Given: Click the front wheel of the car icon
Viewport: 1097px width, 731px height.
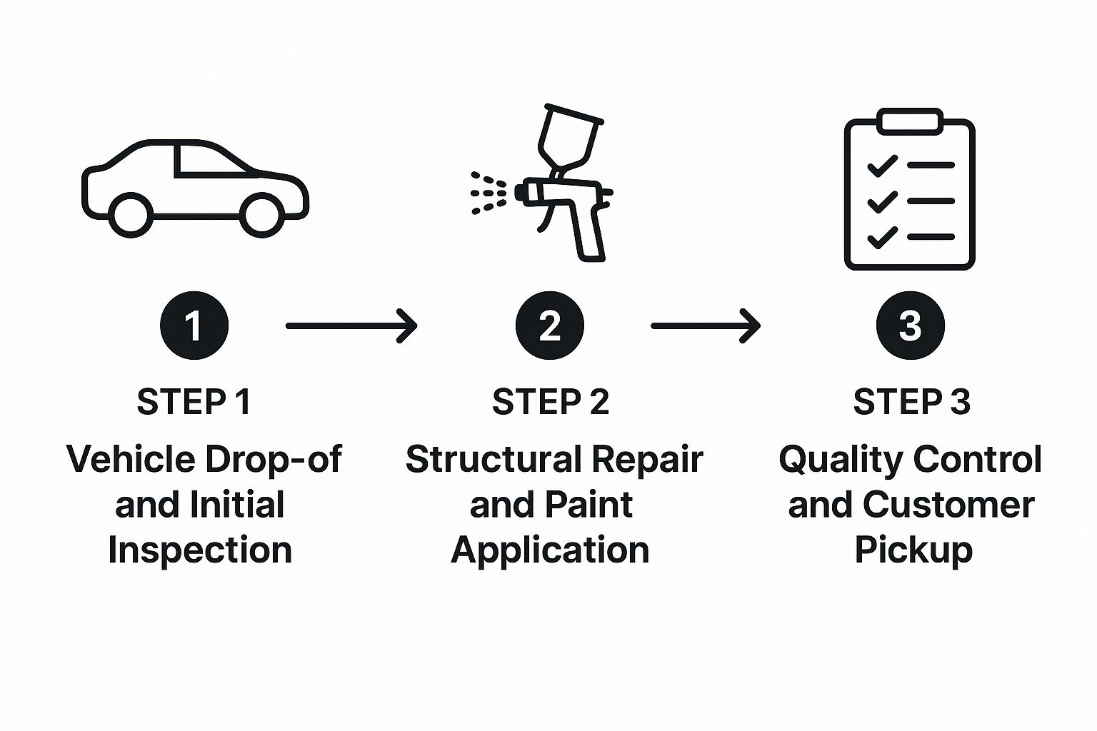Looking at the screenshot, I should click(260, 213).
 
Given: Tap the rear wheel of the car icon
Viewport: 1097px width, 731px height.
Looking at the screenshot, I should click(131, 213).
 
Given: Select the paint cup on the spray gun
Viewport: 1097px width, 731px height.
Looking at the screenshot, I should click(568, 136).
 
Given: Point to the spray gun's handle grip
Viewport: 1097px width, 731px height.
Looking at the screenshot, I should click(590, 232).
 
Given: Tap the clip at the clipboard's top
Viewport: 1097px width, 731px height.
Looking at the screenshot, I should click(909, 121).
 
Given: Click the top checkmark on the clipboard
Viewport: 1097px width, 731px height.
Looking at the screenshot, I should click(882, 166).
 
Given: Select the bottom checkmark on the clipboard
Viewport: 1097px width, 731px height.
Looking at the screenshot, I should click(882, 236).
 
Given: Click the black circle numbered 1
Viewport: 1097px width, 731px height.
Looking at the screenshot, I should click(194, 326).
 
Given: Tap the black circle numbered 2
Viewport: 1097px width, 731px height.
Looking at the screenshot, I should click(549, 326).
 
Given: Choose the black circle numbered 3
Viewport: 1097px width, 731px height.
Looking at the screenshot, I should click(910, 326).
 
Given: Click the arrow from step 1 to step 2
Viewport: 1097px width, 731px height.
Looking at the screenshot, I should click(351, 326).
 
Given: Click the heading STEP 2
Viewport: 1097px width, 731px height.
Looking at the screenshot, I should click(550, 402).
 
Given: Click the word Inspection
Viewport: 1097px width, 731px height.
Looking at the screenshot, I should click(200, 550).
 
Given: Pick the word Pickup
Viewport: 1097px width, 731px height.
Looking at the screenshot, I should click(913, 550).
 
